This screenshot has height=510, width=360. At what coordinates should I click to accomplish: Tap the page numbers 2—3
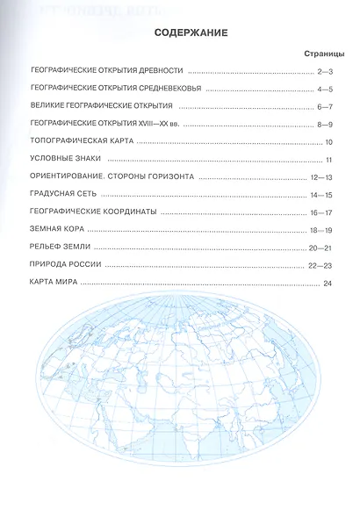[x=328, y=71]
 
